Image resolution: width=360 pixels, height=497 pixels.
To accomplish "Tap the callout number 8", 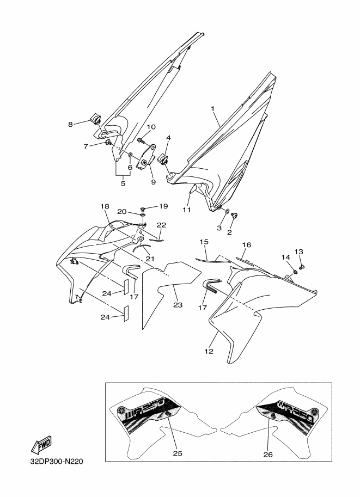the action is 70,124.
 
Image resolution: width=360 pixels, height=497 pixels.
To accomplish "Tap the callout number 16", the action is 246,246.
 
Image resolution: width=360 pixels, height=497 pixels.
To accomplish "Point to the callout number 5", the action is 123,184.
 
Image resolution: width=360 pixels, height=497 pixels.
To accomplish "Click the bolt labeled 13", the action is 304,266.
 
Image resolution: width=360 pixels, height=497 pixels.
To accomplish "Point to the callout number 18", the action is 104,206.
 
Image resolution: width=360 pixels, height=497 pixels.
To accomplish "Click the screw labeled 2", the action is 235,217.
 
